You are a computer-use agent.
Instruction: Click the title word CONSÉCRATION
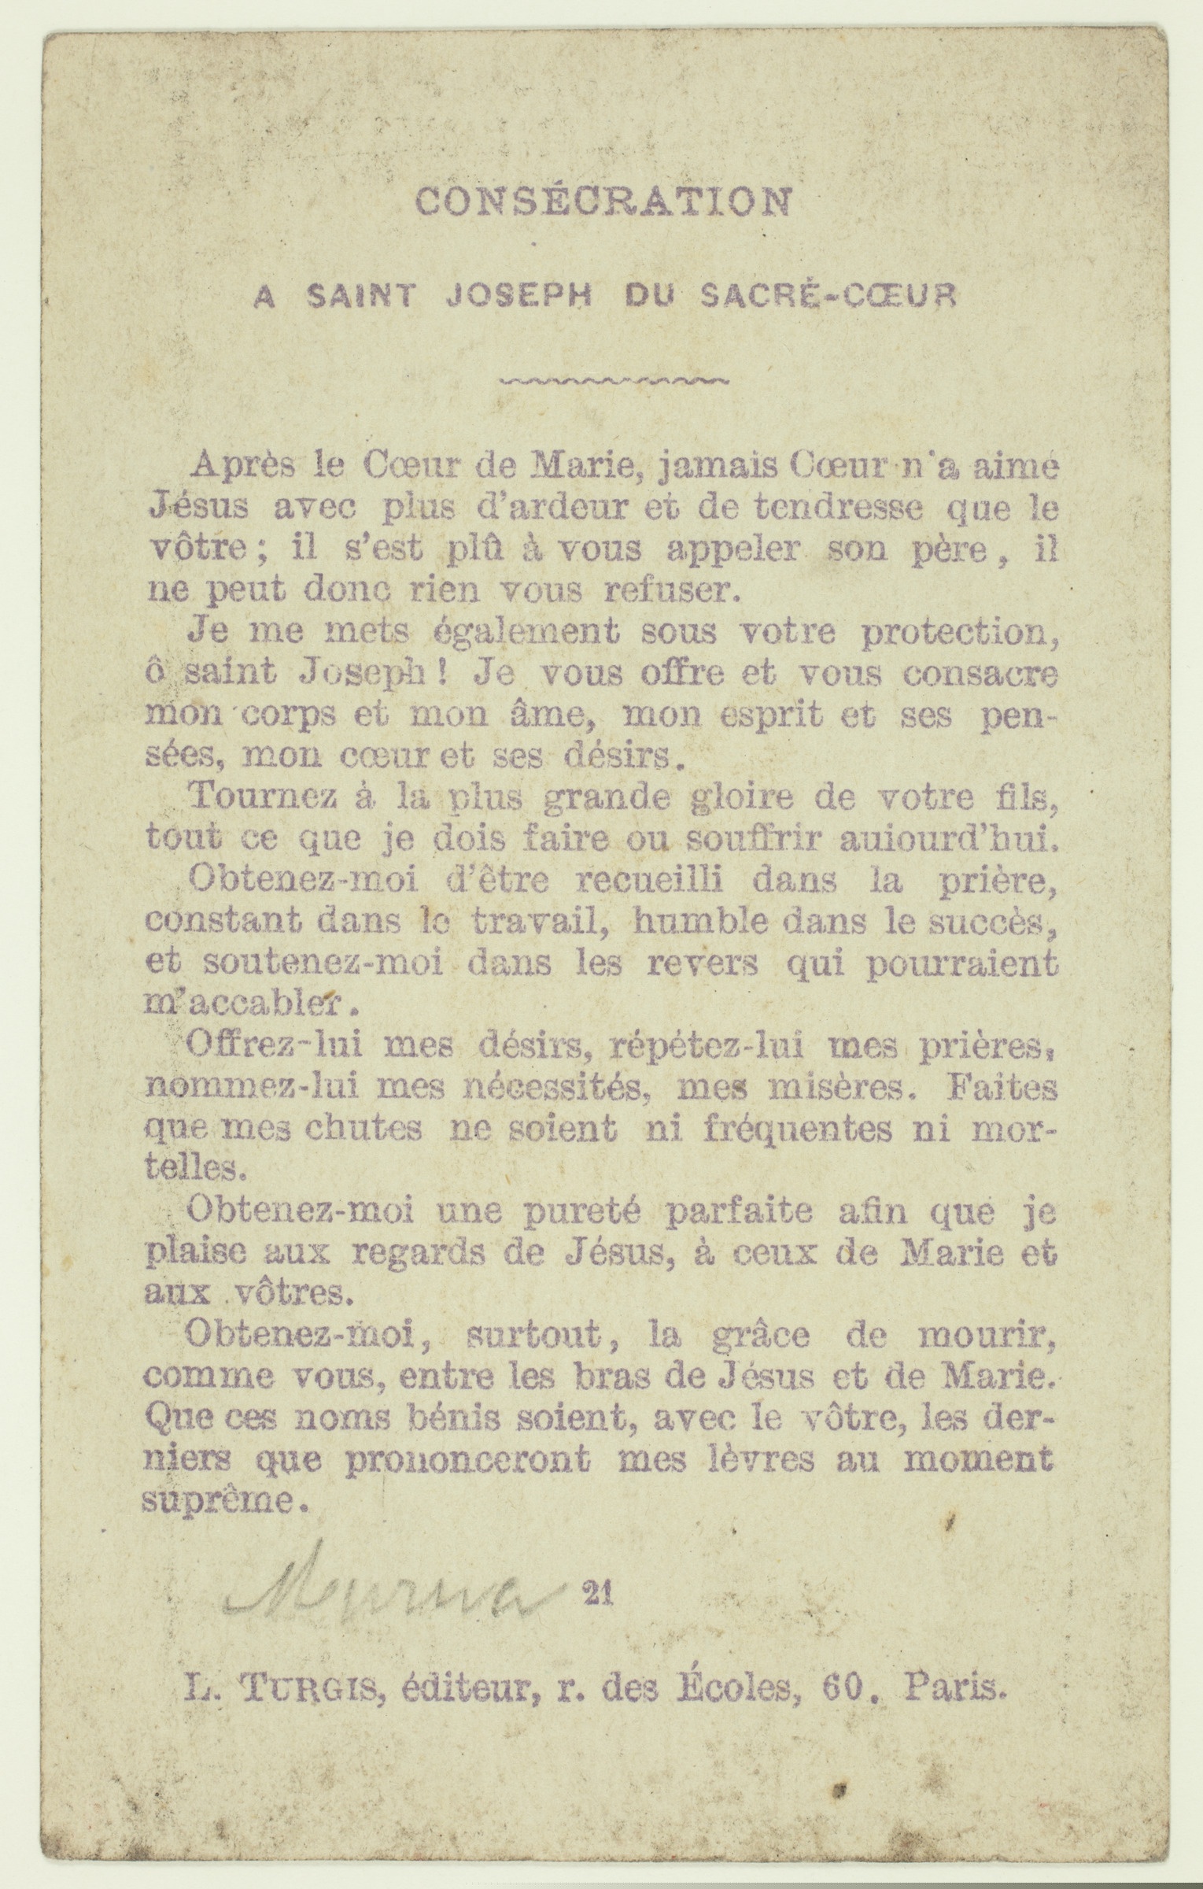[603, 201]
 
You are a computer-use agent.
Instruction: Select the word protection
[959, 634]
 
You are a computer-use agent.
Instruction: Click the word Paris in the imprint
[955, 1686]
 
